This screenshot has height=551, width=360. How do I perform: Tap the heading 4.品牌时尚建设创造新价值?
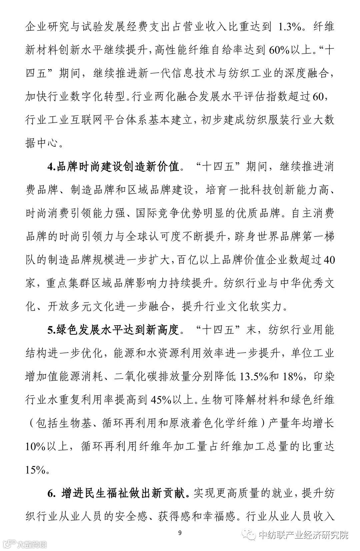point(113,166)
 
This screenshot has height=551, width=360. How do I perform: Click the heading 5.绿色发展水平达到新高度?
point(113,331)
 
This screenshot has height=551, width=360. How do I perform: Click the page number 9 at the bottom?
point(180,533)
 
